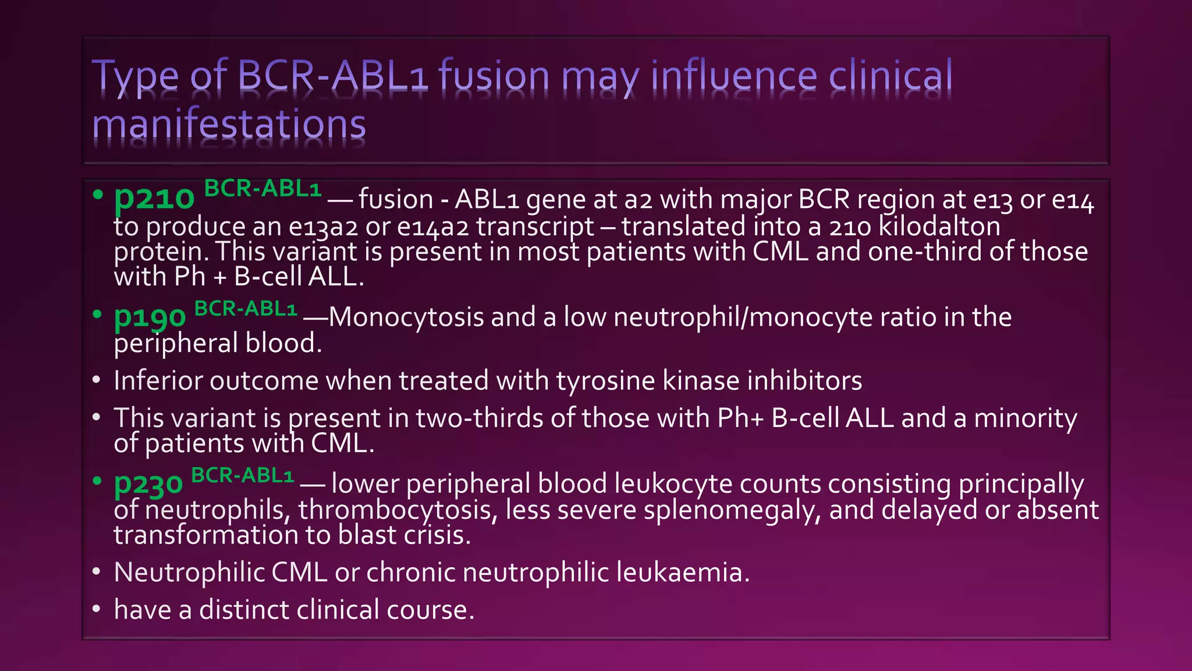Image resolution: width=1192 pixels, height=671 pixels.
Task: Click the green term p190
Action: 150,318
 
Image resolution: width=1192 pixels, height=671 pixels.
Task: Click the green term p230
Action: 148,484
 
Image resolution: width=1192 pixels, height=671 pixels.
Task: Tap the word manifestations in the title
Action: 229,124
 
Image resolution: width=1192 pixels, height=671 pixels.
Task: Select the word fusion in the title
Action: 494,76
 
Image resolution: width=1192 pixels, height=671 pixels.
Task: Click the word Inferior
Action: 158,381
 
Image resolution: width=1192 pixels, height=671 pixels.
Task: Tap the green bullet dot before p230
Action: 97,481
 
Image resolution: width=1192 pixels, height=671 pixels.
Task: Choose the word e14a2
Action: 432,227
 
